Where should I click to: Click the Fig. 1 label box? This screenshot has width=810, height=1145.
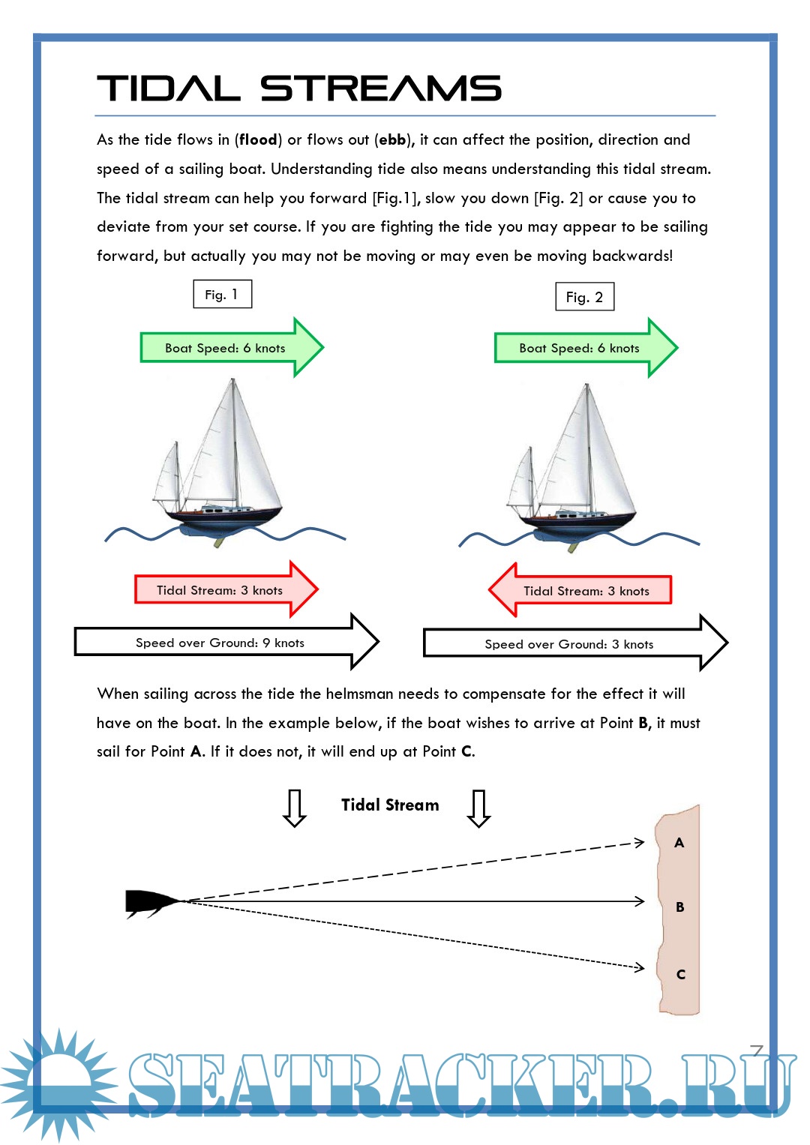223,294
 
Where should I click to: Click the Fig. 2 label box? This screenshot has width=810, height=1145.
584,297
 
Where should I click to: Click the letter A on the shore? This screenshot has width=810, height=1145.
679,843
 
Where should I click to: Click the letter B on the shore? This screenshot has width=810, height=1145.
680,907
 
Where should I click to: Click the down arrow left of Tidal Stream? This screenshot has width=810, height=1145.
295,808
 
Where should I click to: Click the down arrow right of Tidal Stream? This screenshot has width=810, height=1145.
478,808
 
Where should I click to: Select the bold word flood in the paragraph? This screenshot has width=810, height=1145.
258,140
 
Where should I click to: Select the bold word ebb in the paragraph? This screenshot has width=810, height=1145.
392,140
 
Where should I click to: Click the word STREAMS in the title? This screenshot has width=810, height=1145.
381,88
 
